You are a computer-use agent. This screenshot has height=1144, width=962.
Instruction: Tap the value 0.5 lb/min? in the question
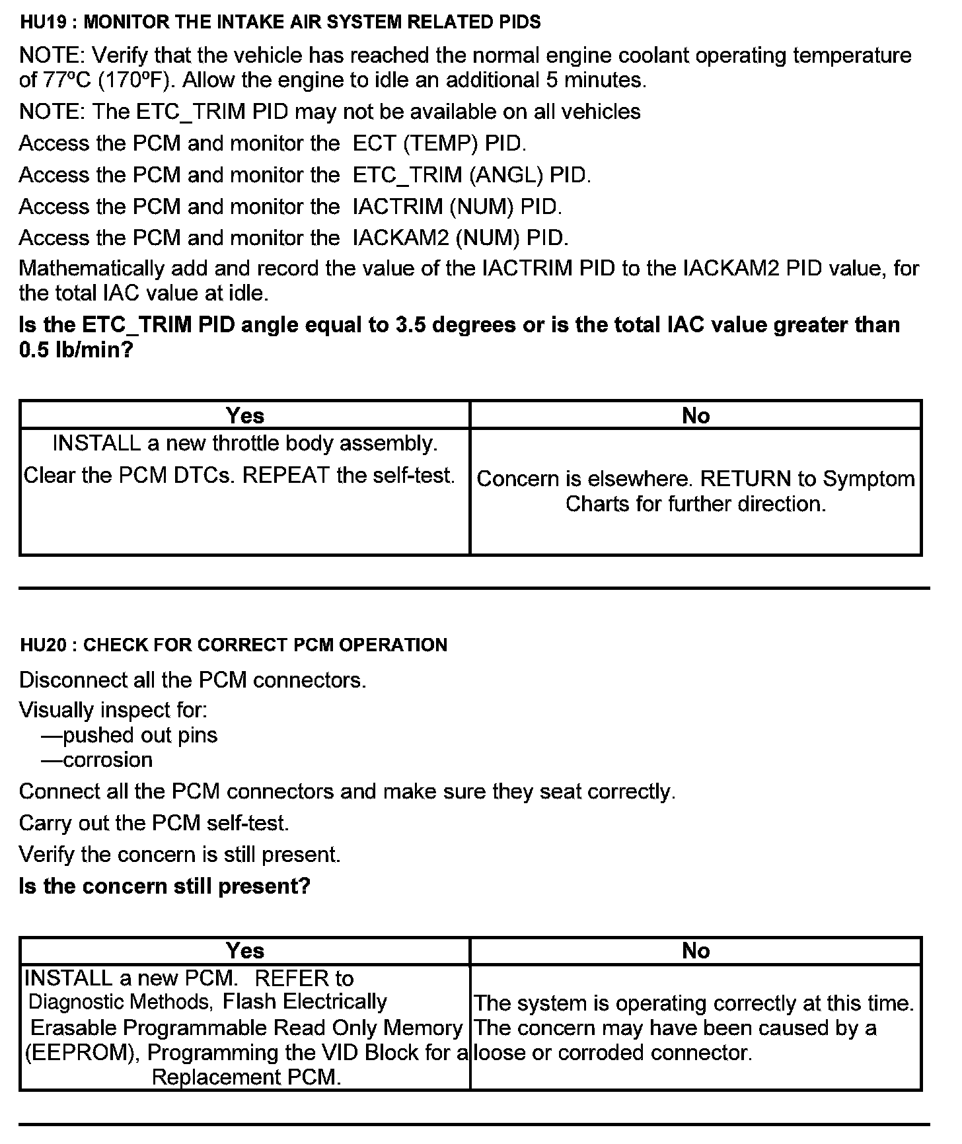pos(76,350)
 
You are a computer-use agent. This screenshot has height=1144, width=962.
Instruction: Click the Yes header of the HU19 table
pos(244,415)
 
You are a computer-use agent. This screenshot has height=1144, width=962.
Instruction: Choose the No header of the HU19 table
pos(696,415)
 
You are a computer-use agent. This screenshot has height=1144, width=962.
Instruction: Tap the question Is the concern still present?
pos(165,886)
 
